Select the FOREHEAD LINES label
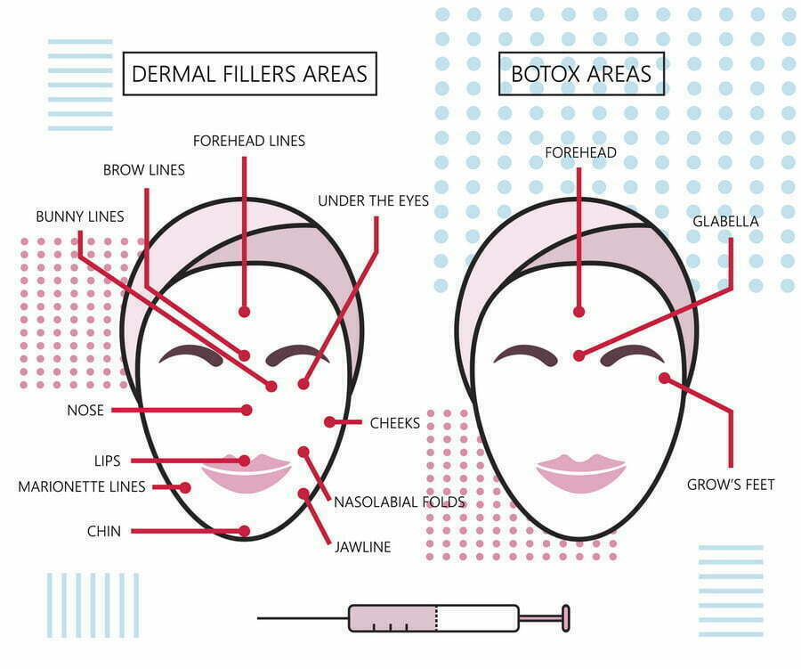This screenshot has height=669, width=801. pos(249,141)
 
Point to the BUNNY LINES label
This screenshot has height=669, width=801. pos(80,216)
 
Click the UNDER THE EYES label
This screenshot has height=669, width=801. pos(374,201)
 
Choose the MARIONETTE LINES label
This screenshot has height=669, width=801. pos(82,486)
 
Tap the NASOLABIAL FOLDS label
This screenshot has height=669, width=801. pos(400,502)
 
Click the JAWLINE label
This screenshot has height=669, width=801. pos(363,547)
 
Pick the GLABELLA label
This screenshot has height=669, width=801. pos(725,222)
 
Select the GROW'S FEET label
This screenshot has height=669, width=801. pos(731,485)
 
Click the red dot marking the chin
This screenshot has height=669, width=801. pos(245,531)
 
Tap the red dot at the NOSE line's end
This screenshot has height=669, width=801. pos(247,410)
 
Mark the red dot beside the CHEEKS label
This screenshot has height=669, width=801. pos(329,422)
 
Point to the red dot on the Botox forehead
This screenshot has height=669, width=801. pos(578,312)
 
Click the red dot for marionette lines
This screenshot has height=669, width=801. pos(185,487)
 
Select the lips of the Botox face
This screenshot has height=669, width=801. pos(581,473)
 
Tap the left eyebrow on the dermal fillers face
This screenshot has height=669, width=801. pos(191,355)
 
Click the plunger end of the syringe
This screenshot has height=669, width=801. pos(566,618)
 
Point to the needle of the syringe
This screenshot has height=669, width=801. pos(303,618)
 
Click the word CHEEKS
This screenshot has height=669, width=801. pos(395,423)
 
